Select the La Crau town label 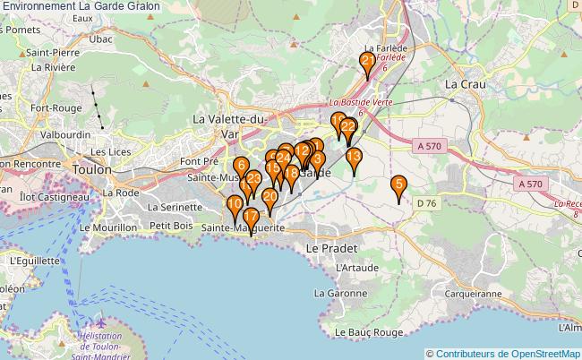pyautogui.click(x=466, y=83)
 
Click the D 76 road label pyautogui.click(x=426, y=203)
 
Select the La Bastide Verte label pyautogui.click(x=361, y=102)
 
